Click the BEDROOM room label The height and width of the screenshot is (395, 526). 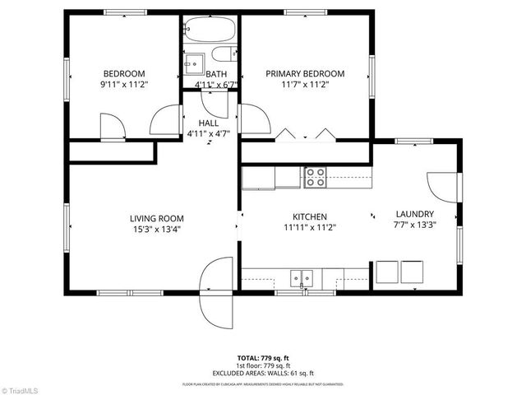coord(123,72)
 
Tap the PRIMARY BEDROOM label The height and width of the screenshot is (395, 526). coord(305,73)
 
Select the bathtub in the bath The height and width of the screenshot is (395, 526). coord(210,30)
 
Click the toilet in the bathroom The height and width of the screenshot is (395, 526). coord(222,56)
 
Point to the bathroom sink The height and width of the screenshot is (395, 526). coord(194,63)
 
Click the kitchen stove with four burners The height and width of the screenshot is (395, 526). coord(315,176)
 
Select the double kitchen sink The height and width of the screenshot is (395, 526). coord(303,278)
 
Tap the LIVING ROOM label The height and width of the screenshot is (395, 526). coord(156,218)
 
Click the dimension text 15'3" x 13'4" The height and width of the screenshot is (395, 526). coord(156,230)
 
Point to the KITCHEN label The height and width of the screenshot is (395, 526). coord(305,216)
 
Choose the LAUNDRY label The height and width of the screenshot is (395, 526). coord(414,212)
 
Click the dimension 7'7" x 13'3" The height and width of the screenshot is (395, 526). coord(414,224)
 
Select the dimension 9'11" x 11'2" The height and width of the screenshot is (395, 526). coord(123,84)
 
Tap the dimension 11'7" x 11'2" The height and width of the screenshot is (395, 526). coord(305,85)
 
